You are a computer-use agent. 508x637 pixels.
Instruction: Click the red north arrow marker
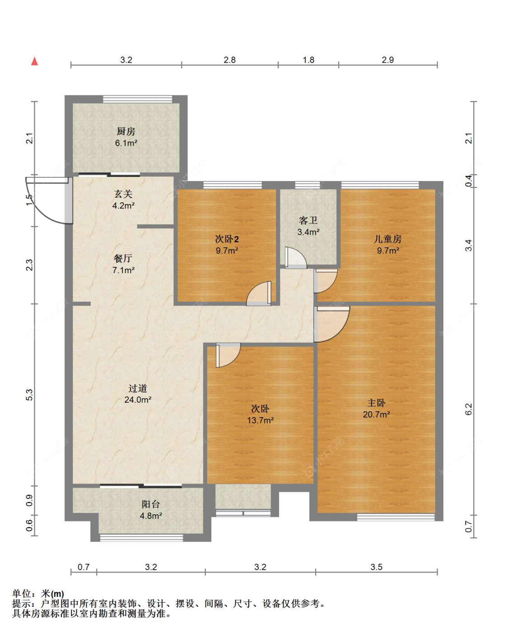(x=35, y=61)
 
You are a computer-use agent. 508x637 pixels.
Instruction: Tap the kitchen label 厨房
(x=126, y=131)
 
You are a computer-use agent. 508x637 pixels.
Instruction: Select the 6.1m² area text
(x=126, y=143)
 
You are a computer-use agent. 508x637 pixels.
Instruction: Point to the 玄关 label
(x=123, y=194)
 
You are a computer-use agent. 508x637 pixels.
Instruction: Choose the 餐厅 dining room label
(x=123, y=258)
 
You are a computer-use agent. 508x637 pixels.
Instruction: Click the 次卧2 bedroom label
(x=227, y=239)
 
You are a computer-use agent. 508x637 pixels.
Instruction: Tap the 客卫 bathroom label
(x=308, y=220)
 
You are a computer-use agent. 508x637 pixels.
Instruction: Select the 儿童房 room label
(x=387, y=239)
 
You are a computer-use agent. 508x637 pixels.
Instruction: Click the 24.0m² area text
(x=138, y=400)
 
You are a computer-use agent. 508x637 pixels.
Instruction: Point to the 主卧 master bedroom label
(x=376, y=403)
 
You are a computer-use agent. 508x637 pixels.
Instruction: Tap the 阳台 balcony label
(x=151, y=504)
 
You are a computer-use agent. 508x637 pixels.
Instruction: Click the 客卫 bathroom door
(x=296, y=258)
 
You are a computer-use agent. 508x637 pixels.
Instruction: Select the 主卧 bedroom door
(x=331, y=324)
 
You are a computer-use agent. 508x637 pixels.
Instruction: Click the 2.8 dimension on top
(x=229, y=60)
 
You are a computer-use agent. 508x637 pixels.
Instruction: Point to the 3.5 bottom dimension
(x=376, y=567)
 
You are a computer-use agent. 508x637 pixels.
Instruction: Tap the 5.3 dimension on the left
(x=30, y=395)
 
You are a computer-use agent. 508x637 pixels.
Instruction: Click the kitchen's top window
(x=138, y=99)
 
